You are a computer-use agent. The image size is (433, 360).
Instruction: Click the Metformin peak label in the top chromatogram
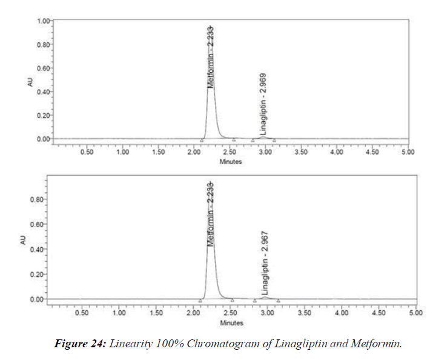pyautogui.click(x=210, y=57)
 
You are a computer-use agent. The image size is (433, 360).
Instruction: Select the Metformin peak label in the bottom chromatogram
pyautogui.click(x=210, y=213)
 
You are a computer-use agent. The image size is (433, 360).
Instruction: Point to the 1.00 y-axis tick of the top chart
pyautogui.click(x=42, y=21)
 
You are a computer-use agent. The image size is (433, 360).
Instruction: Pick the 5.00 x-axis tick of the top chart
pyautogui.click(x=408, y=152)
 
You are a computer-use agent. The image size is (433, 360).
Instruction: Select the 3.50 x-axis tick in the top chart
pyautogui.click(x=301, y=152)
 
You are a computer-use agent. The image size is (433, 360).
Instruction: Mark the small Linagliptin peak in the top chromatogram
pyautogui.click(x=263, y=137)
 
